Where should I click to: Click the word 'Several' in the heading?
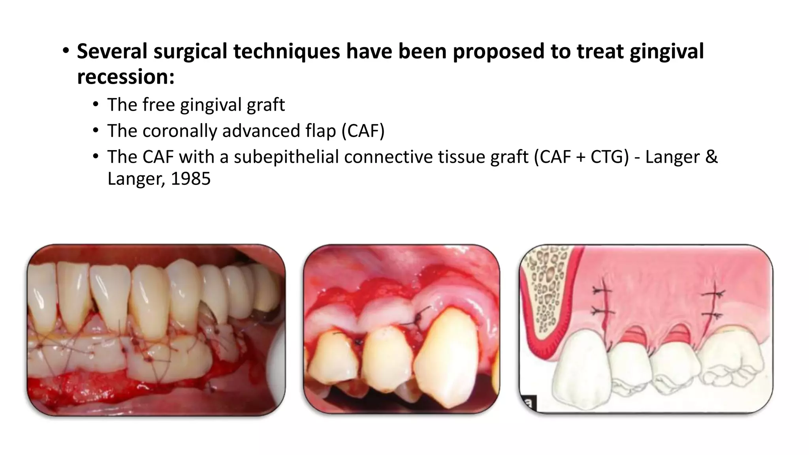111,52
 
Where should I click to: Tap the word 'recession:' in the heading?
126,77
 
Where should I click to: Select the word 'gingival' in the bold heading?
667,52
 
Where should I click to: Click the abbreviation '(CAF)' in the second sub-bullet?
363,131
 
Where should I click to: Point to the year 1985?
191,179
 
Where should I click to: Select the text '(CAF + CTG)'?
581,157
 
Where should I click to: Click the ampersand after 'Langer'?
711,157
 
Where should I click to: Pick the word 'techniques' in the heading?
286,52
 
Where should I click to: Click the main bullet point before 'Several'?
66,51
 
